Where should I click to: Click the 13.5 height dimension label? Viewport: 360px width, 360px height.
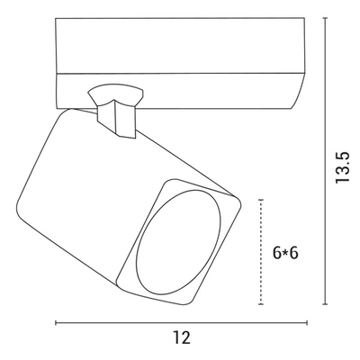pyautogui.click(x=343, y=167)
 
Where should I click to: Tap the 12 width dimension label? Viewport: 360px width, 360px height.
pyautogui.click(x=182, y=337)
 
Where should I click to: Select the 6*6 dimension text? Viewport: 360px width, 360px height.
pyautogui.click(x=285, y=253)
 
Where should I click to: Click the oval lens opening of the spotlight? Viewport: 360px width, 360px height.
pyautogui.click(x=179, y=242)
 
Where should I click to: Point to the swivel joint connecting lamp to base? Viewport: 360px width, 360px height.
pyautogui.click(x=115, y=111)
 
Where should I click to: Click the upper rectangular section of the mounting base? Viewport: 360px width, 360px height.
pyautogui.click(x=180, y=46)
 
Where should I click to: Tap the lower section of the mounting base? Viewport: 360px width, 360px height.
pyautogui.click(x=180, y=91)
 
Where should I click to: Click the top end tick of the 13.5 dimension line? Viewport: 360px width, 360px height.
pyautogui.click(x=325, y=18)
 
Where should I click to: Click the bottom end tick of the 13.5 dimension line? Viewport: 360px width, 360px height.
pyautogui.click(x=325, y=304)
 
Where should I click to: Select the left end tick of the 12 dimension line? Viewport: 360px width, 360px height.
pyautogui.click(x=56, y=323)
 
